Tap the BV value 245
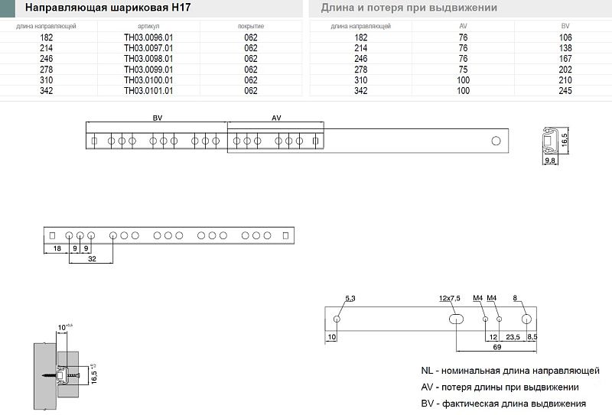pos(565,90)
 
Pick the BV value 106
pos(565,37)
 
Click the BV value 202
pos(565,69)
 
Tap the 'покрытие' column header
pos(251,26)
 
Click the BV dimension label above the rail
pos(158,118)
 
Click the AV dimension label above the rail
pos(277,118)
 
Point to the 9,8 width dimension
pos(549,161)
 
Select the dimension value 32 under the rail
pos(92,259)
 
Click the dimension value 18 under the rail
pos(56,249)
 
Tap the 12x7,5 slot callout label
pos(449,297)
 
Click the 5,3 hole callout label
pos(350,297)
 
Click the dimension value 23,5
pos(513,336)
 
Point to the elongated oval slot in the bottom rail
pos(455,318)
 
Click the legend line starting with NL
pos(509,371)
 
